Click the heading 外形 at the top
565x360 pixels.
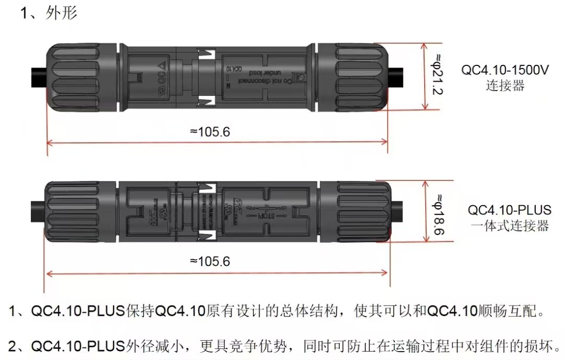click(x=61, y=13)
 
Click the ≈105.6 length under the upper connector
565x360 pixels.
click(x=210, y=132)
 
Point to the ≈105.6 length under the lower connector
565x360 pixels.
click(x=210, y=261)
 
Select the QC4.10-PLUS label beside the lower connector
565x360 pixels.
click(x=510, y=210)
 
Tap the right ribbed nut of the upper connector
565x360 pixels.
click(x=353, y=77)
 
